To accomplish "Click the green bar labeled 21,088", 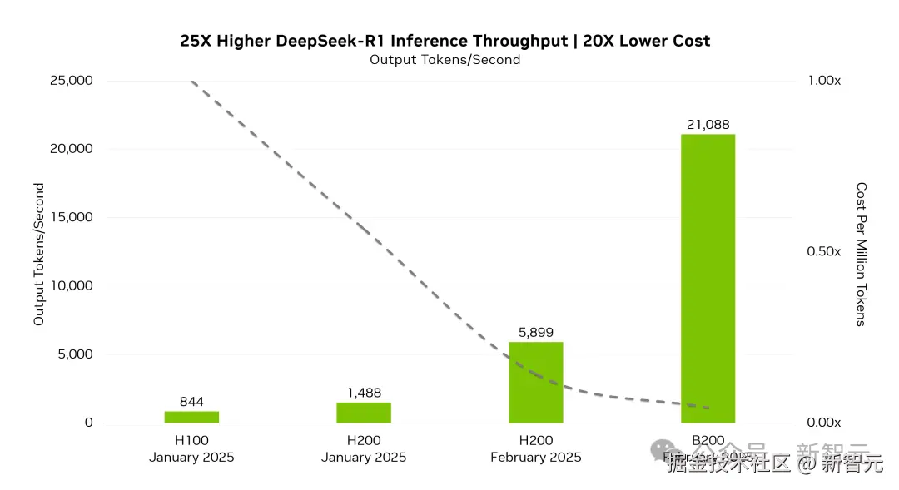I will click(x=708, y=278).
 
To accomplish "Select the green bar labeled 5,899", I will click(x=536, y=382).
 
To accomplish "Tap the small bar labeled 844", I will click(x=191, y=417).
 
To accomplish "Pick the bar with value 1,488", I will click(x=364, y=413).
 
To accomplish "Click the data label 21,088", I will click(x=708, y=125).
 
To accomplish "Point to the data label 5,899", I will click(x=536, y=333).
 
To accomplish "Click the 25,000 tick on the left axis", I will click(x=70, y=81).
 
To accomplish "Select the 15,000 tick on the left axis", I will click(x=70, y=217).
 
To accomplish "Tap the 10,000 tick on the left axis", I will click(x=70, y=285).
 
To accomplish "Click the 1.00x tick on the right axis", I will click(x=824, y=81).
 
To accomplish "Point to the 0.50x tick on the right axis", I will click(x=824, y=251).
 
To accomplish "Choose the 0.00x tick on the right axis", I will click(x=824, y=423).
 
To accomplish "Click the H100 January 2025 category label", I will click(x=191, y=449).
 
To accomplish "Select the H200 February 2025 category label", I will click(x=536, y=449).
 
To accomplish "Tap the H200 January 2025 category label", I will click(x=364, y=449).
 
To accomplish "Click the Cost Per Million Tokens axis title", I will click(x=862, y=254).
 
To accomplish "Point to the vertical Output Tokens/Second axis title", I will click(x=39, y=254).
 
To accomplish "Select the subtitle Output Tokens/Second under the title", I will click(x=445, y=60).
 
